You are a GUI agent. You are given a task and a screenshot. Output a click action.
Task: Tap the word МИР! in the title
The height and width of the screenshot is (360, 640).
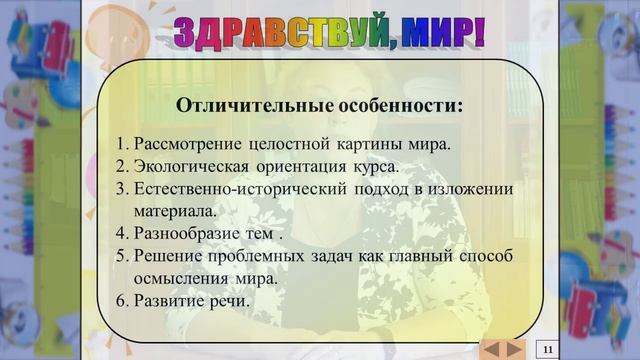pyautogui.click(x=439, y=33)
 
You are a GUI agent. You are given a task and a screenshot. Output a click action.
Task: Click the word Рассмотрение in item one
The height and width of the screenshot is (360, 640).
pyautogui.click(x=184, y=143)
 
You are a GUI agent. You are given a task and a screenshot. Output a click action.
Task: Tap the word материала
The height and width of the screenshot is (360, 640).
pyautogui.click(x=175, y=211)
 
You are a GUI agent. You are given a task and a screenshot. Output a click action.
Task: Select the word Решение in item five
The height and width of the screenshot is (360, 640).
pyautogui.click(x=165, y=257)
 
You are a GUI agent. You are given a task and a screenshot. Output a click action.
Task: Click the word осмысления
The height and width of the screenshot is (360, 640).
pyautogui.click(x=181, y=279)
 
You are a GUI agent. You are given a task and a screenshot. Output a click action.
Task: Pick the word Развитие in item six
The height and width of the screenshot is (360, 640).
pyautogui.click(x=170, y=301)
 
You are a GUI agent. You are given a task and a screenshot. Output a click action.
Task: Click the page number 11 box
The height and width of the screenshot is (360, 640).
pyautogui.click(x=548, y=348)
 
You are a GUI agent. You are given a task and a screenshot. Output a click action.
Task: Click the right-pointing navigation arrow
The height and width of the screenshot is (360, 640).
pyautogui.click(x=514, y=348)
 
